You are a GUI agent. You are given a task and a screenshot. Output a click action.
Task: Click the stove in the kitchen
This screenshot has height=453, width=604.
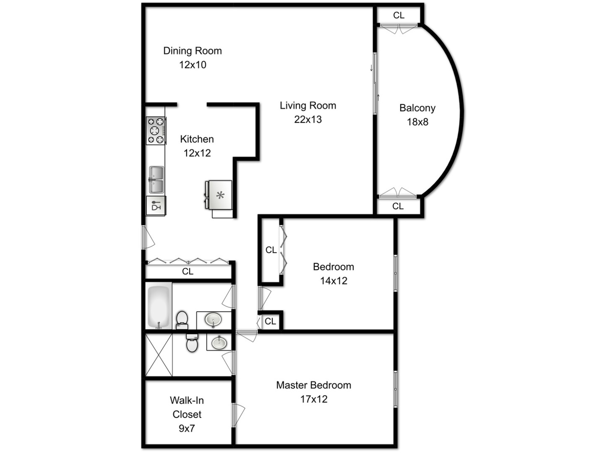pyautogui.click(x=156, y=130)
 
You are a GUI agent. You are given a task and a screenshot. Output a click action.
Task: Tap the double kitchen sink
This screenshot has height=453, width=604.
pyautogui.click(x=156, y=180)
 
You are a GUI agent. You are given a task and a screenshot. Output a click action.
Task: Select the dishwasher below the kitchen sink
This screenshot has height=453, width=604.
pyautogui.click(x=156, y=206)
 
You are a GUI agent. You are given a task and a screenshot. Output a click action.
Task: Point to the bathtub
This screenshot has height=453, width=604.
pyautogui.click(x=159, y=306)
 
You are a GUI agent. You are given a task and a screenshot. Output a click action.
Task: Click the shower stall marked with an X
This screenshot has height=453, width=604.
pyautogui.click(x=159, y=355)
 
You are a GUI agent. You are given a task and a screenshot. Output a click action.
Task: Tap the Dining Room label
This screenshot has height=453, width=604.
pyautogui.click(x=193, y=51)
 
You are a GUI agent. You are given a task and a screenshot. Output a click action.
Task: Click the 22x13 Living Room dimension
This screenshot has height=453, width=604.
pyautogui.click(x=308, y=120)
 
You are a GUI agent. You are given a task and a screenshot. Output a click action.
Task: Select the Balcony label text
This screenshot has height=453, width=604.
pyautogui.click(x=417, y=108)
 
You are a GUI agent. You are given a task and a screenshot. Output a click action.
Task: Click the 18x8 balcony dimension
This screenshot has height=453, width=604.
pyautogui.click(x=417, y=122)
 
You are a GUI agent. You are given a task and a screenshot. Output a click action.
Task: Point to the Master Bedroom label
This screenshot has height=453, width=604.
pyautogui.click(x=313, y=385)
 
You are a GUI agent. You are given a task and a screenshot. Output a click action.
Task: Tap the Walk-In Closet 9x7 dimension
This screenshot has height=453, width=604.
pyautogui.click(x=187, y=428)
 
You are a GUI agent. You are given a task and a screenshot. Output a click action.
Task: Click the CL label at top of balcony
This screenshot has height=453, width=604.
pyautogui.click(x=398, y=15)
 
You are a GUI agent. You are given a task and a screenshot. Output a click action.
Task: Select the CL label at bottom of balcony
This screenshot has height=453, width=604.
pyautogui.click(x=398, y=206)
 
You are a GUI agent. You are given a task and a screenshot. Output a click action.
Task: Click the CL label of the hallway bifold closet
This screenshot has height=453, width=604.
pyautogui.click(x=187, y=271)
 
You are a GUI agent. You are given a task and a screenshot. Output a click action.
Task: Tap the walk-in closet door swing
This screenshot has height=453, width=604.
pyautogui.click(x=238, y=415)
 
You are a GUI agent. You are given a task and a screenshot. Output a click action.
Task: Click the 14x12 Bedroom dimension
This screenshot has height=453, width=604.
pyautogui.click(x=333, y=281)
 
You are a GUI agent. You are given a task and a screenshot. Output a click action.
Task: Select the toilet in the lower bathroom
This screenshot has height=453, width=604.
pyautogui.click(x=192, y=343)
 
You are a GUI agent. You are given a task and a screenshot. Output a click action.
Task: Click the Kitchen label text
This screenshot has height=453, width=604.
pyautogui.click(x=197, y=139)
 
